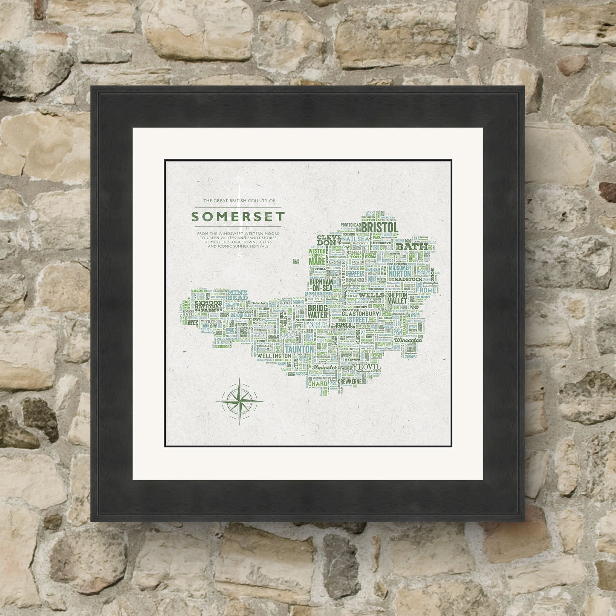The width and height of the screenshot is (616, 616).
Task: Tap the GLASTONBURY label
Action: click(x=364, y=313)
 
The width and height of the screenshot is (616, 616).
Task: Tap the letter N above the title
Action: click(x=240, y=179)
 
